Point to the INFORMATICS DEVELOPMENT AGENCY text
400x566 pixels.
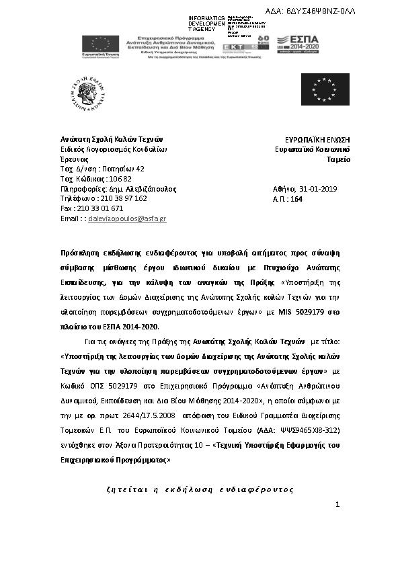coord(207,24)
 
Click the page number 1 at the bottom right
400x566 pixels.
coord(337,504)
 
